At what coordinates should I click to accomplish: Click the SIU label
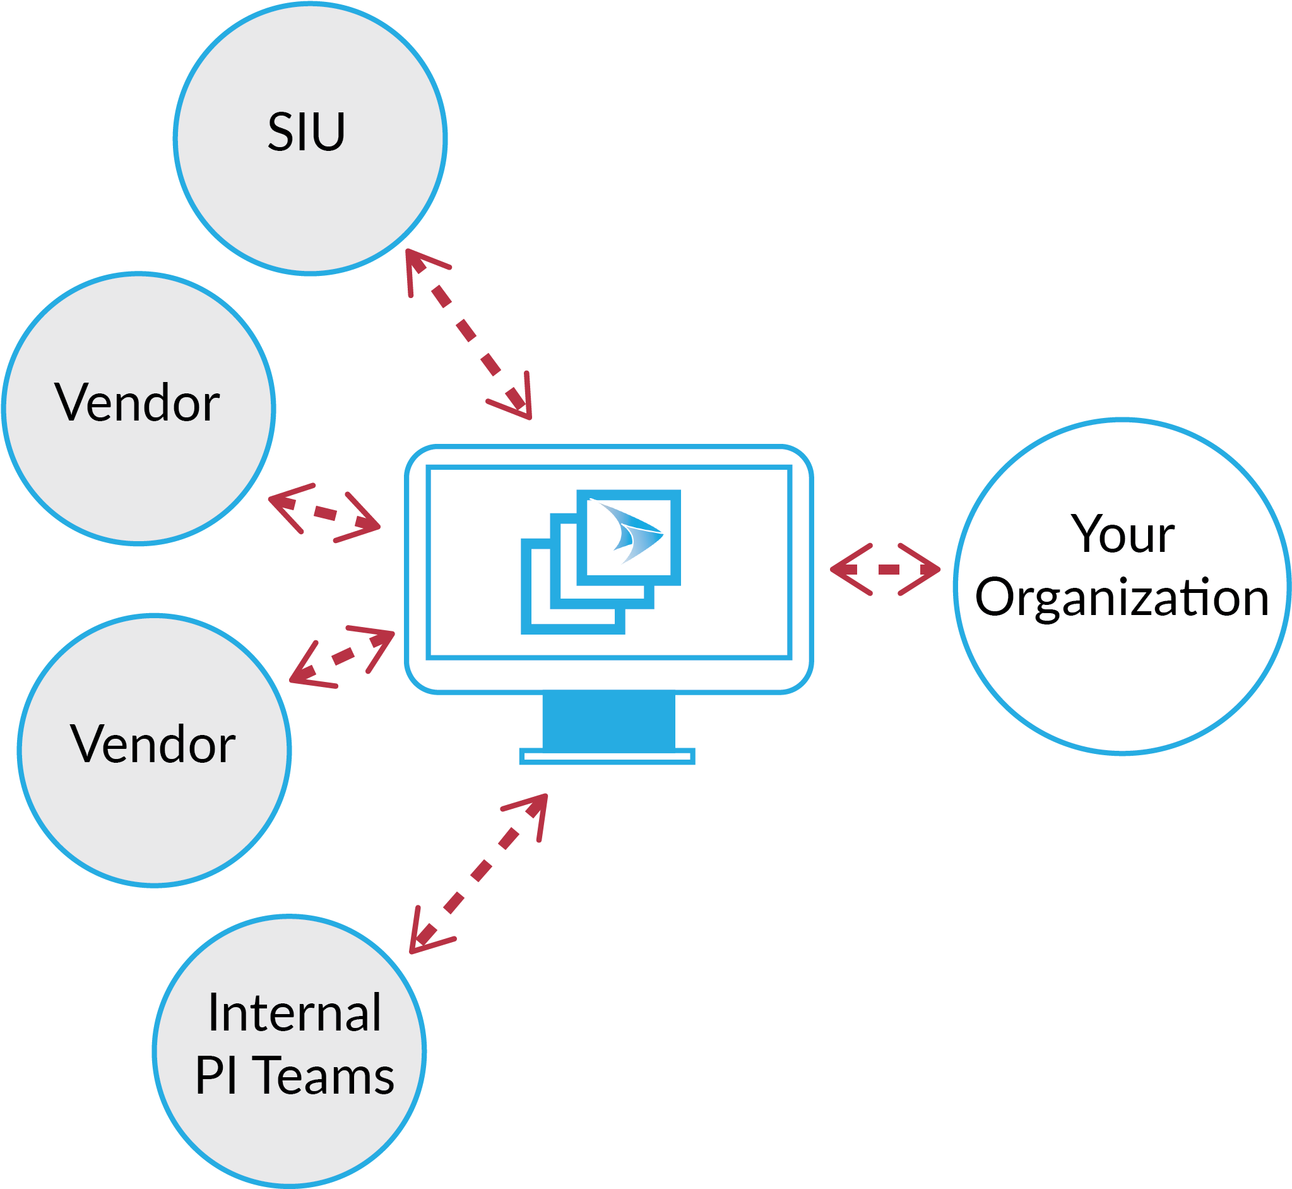[x=306, y=132]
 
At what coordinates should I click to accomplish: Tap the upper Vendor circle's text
[x=137, y=403]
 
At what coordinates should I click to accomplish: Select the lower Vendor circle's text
[x=153, y=744]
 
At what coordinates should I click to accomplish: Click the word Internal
[x=295, y=1013]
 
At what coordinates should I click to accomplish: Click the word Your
[x=1122, y=534]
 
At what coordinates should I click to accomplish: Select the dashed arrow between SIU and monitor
[x=468, y=334]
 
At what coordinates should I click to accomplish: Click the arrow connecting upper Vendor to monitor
[x=325, y=513]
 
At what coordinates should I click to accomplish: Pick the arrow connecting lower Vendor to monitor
[x=342, y=656]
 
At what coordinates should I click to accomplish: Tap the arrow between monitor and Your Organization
[x=886, y=570]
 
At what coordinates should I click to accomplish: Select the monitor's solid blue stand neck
[x=608, y=720]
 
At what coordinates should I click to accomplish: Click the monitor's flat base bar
[x=607, y=757]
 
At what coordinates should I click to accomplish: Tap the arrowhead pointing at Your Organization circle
[x=926, y=570]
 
